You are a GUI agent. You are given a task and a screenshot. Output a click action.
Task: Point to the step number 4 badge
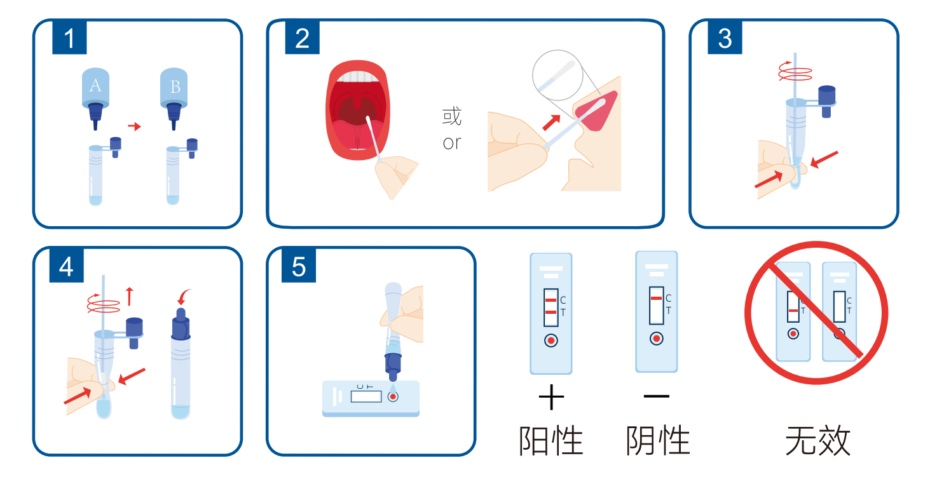pyautogui.click(x=67, y=266)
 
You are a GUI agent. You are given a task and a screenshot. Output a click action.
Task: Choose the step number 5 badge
pyautogui.click(x=298, y=266)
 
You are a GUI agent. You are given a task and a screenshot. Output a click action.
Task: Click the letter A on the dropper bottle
pyautogui.click(x=95, y=86)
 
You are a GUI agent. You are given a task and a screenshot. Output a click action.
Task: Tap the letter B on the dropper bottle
pyautogui.click(x=175, y=87)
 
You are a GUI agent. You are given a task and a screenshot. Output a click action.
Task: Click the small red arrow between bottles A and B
pyautogui.click(x=134, y=126)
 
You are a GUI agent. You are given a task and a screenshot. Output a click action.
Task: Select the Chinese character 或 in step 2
pyautogui.click(x=452, y=116)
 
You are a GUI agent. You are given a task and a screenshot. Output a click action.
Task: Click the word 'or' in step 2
pyautogui.click(x=452, y=143)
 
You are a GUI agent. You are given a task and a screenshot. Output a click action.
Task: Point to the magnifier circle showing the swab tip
pyautogui.click(x=558, y=75)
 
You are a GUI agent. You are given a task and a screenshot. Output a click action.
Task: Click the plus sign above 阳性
pyautogui.click(x=551, y=397)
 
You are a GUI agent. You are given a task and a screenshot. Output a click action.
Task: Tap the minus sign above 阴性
pyautogui.click(x=657, y=396)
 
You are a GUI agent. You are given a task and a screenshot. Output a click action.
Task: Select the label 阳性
pyautogui.click(x=551, y=441)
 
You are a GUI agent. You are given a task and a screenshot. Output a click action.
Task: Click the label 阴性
pyautogui.click(x=658, y=441)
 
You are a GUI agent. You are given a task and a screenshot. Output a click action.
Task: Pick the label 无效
pyautogui.click(x=817, y=441)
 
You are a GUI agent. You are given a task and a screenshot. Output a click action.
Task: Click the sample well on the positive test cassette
pyautogui.click(x=551, y=340)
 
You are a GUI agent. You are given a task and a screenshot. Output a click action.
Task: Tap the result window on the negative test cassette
pyautogui.click(x=656, y=306)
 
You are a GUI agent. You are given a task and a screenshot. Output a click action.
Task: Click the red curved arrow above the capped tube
pyautogui.click(x=184, y=296)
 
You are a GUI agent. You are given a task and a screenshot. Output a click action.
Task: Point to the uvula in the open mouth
pyautogui.click(x=358, y=100)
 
